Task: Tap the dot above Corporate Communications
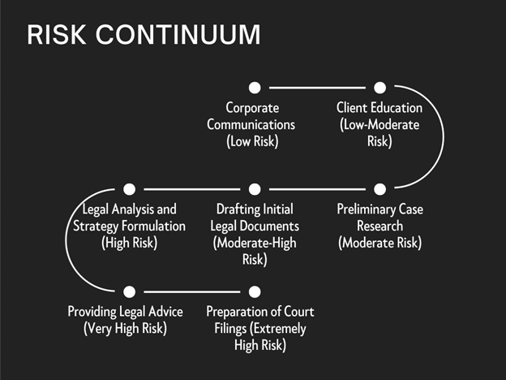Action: click(x=255, y=87)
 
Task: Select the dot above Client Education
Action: click(x=379, y=87)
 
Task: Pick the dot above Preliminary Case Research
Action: click(x=379, y=189)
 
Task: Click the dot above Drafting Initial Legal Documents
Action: click(x=255, y=189)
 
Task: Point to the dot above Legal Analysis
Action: click(x=130, y=189)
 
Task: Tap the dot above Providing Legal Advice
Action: click(x=130, y=291)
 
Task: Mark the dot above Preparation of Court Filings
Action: click(x=255, y=291)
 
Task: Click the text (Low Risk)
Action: click(x=251, y=141)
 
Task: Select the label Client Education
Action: click(x=379, y=107)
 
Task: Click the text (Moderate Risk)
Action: click(x=379, y=243)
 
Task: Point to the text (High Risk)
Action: click(x=130, y=243)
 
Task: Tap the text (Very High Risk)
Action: click(x=125, y=329)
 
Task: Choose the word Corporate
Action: click(x=251, y=107)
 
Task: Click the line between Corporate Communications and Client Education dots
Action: click(x=317, y=87)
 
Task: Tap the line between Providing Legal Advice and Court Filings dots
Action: click(x=192, y=291)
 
